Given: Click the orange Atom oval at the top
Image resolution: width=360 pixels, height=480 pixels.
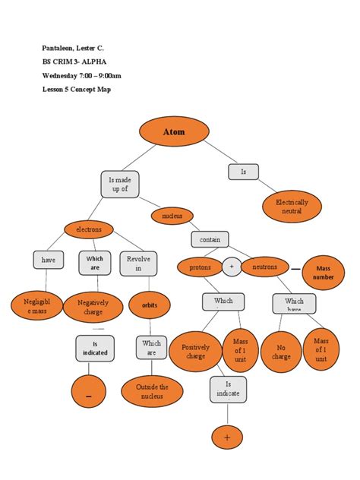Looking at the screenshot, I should click(x=173, y=132).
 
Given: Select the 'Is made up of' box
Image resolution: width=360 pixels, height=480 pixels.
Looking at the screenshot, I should click(x=120, y=184).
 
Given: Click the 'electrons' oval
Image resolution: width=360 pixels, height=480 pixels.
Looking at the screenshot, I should click(x=88, y=229).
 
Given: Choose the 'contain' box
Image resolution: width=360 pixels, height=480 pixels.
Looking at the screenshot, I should click(x=210, y=239).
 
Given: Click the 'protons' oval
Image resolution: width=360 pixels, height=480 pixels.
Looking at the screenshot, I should click(x=200, y=267).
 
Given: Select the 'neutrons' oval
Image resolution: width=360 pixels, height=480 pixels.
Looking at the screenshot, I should click(x=264, y=267).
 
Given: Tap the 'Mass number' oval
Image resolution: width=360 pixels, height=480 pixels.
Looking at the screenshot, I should click(x=324, y=273).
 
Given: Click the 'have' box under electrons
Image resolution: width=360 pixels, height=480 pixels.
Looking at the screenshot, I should click(x=49, y=261).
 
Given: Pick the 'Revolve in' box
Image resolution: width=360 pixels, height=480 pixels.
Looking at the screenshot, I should click(x=138, y=264).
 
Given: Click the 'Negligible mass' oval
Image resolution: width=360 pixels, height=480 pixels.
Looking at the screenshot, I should click(x=33, y=307).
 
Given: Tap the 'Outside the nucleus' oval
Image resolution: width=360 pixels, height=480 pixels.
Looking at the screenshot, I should click(x=153, y=392).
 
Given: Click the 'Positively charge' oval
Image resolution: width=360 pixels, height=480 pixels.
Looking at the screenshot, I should click(x=196, y=351).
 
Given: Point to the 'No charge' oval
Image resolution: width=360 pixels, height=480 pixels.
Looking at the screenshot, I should click(x=280, y=351).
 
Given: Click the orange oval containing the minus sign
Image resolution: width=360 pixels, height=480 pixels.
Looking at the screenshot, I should click(x=89, y=393).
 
